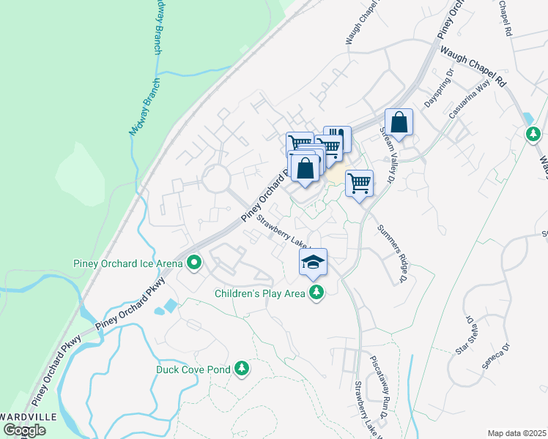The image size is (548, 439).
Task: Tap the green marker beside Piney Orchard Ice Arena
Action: coord(194,262)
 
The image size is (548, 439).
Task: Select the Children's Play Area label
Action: coord(259,294)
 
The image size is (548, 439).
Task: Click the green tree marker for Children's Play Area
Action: coord(316,293)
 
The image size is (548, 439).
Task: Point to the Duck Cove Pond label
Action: coord(193,369)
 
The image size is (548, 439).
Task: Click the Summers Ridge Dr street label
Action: coord(392,253)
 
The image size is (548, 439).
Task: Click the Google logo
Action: coord(24,430)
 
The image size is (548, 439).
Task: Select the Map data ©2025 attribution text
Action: coord(517,433)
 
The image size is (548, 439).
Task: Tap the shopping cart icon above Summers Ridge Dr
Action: coord(359,183)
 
